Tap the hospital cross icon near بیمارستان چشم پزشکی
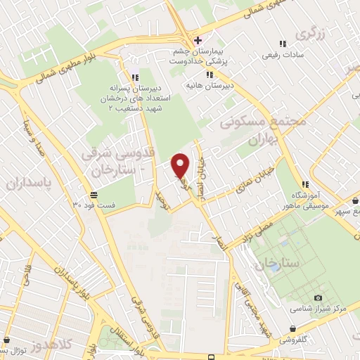pyautogui.click(x=199, y=39)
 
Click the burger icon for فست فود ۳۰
pyautogui.click(x=94, y=195)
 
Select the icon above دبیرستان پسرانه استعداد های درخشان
pyautogui.click(x=134, y=77)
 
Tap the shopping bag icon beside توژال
pyautogui.click(x=4, y=349)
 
